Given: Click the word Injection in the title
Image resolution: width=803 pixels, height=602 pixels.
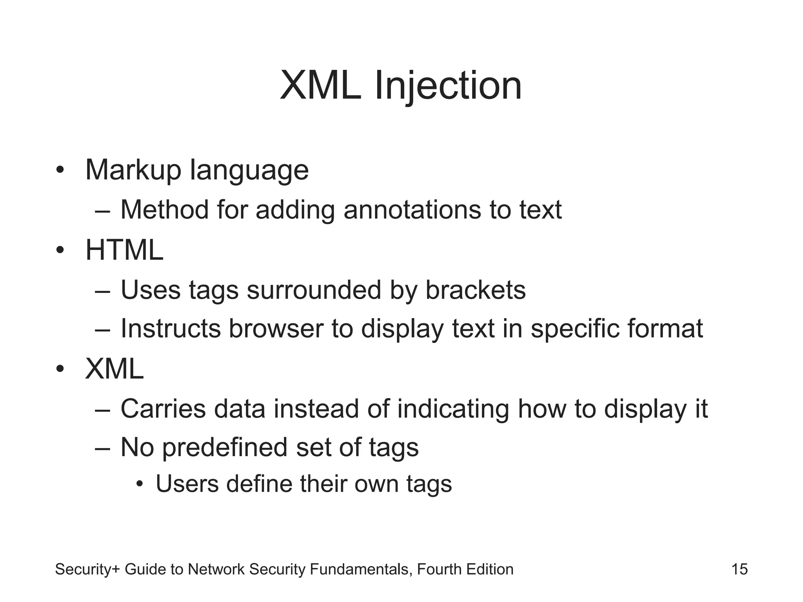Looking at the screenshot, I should [448, 86].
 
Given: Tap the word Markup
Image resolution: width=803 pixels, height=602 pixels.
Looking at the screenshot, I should [133, 170].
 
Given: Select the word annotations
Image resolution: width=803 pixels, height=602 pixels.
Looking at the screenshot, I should [412, 210].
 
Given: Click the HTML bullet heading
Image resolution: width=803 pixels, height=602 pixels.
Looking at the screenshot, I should [124, 250].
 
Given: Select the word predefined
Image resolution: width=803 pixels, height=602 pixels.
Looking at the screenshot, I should [225, 447].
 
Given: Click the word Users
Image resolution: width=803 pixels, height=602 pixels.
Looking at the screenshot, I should [187, 484].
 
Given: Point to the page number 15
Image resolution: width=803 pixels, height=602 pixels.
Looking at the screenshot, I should [739, 569].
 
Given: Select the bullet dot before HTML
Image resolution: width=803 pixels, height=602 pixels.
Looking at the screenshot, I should [60, 251].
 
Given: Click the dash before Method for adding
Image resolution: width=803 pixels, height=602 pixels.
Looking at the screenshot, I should [103, 210].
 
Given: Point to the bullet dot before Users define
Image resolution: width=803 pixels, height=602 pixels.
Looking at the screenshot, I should [140, 485].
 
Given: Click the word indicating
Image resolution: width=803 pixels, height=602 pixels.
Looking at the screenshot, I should [453, 409].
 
